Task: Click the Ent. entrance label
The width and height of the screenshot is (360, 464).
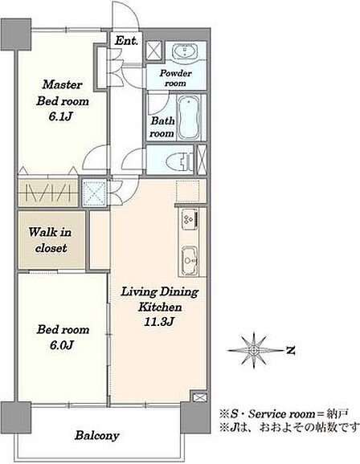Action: click(126, 41)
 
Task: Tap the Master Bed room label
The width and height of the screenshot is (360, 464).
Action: click(63, 93)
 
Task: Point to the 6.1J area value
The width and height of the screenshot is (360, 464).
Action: click(60, 117)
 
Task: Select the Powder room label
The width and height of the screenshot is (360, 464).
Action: click(175, 78)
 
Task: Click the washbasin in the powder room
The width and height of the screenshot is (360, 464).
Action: click(185, 51)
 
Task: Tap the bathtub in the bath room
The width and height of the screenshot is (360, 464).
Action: click(190, 117)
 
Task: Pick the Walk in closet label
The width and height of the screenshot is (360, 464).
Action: click(51, 240)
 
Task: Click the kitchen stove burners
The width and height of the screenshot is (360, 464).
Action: click(190, 218)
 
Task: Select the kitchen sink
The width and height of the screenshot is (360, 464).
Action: click(190, 259)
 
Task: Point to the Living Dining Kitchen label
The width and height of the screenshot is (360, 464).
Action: click(160, 299)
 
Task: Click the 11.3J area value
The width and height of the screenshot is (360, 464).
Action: click(158, 322)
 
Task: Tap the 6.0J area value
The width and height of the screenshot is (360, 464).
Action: click(61, 345)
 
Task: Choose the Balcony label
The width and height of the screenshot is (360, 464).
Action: click(97, 436)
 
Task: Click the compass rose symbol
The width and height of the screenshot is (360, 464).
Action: click(254, 350)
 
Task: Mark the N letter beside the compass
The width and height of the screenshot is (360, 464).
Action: click(291, 351)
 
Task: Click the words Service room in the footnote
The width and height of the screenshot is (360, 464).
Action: click(281, 413)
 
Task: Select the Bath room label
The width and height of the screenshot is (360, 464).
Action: click(162, 128)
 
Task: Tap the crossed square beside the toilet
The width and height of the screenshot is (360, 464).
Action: click(202, 160)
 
